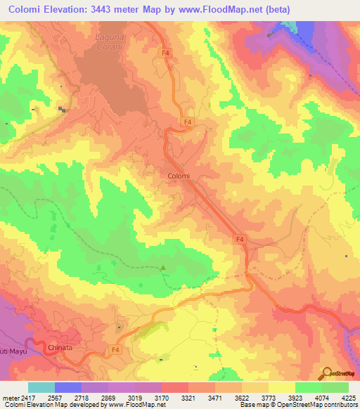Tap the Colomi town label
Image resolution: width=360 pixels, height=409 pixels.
point(179,176)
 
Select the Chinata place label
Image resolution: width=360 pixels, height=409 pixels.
point(61,347)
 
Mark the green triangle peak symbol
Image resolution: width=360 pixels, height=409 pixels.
point(164,267)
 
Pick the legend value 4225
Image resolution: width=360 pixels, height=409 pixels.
point(348,397)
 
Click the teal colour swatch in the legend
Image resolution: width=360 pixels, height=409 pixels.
point(41,387)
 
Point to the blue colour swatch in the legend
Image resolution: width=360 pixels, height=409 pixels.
point(68,387)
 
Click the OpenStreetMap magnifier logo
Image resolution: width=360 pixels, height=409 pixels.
point(326,372)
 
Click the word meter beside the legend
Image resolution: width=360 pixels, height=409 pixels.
point(8,397)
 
